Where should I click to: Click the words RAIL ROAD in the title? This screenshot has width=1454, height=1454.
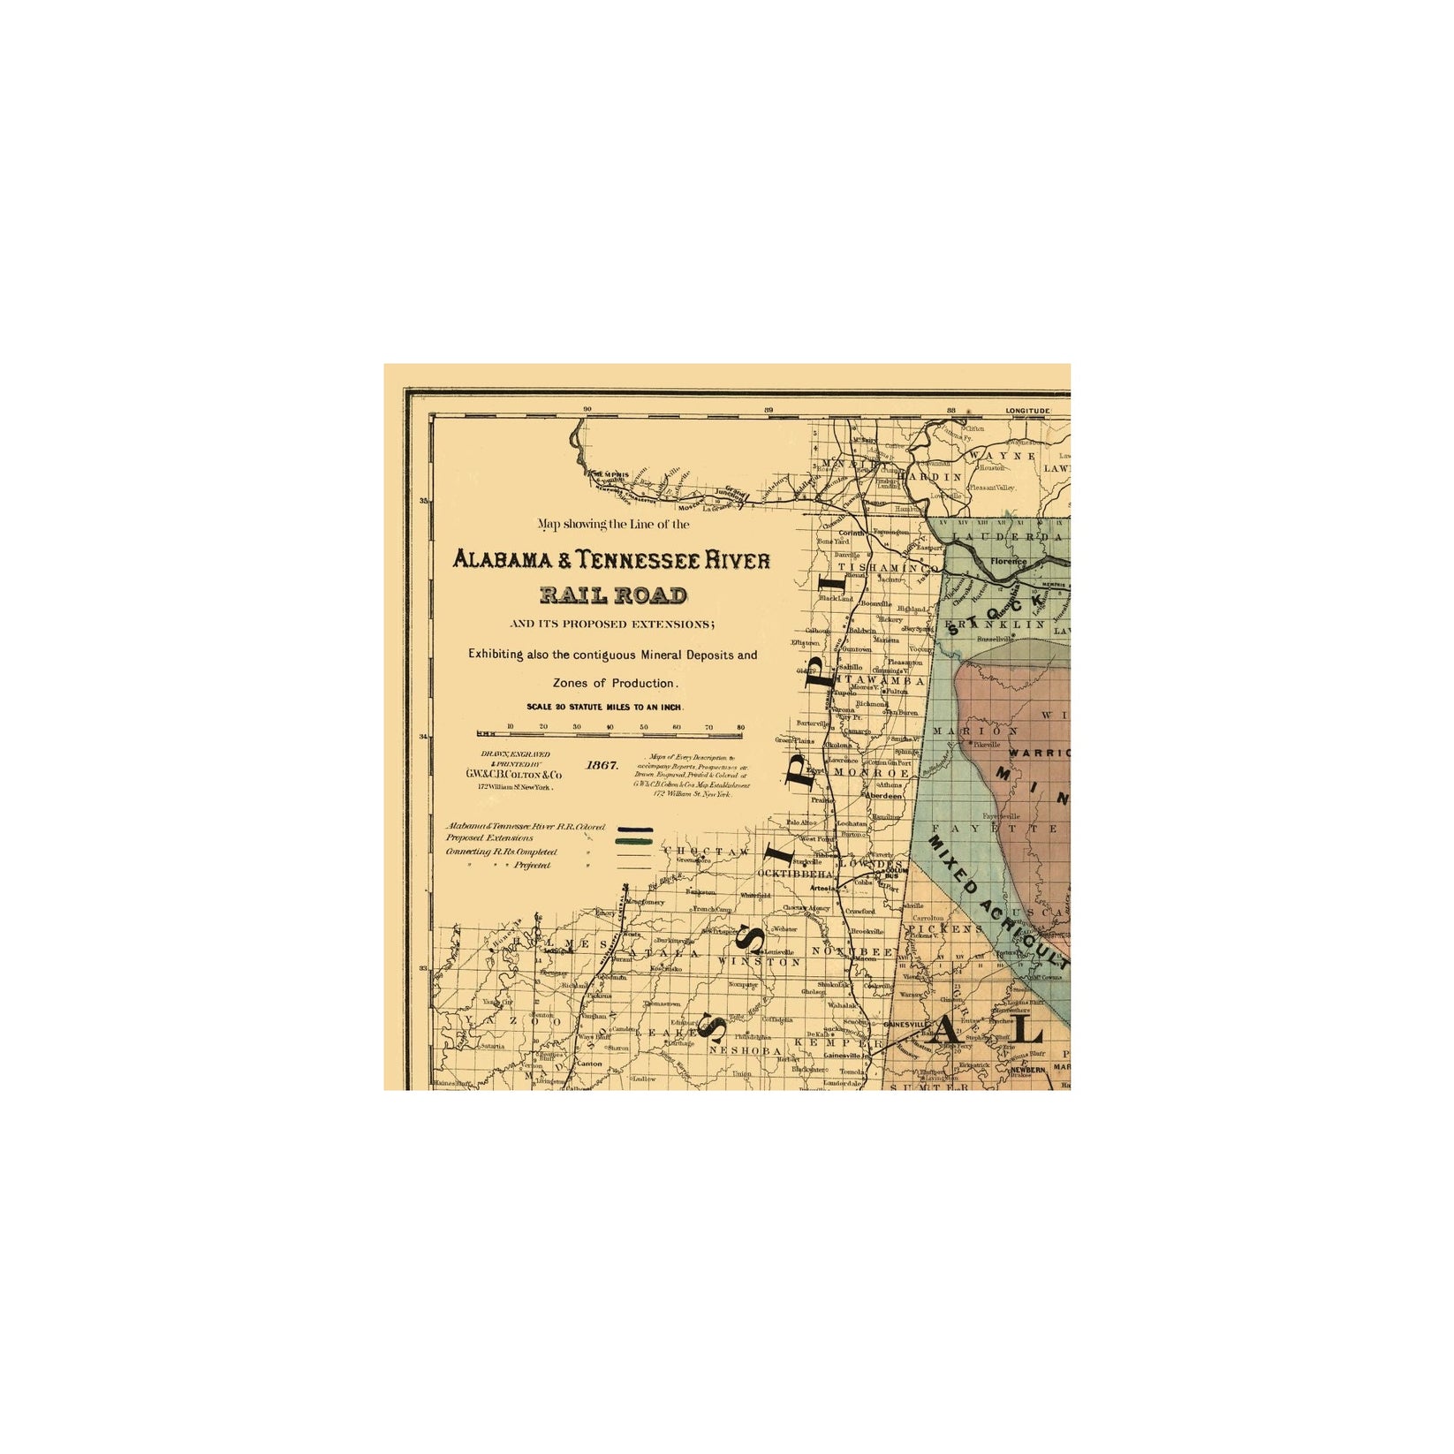[x=614, y=594]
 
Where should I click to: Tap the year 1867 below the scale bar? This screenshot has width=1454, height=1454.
[x=602, y=765]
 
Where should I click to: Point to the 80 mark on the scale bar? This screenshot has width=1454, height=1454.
[x=740, y=728]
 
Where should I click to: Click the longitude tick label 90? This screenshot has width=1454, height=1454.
[x=587, y=410]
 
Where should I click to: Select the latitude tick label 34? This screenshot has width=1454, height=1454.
[x=423, y=737]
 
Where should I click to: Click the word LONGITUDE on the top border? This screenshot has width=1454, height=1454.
[x=1027, y=411]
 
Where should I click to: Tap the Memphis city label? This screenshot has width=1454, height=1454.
[x=610, y=474]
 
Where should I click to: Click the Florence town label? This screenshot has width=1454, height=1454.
[x=1008, y=561]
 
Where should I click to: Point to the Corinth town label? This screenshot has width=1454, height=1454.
[x=852, y=534]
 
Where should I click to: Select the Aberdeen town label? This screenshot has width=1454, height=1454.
[x=884, y=796]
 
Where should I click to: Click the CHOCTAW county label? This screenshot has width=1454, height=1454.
[x=707, y=852]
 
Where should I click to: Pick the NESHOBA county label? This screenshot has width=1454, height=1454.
[x=745, y=1051]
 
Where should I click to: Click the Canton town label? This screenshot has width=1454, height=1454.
[x=589, y=1064]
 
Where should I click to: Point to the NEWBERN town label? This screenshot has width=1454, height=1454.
[x=1027, y=1069]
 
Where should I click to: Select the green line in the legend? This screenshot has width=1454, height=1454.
[x=634, y=841]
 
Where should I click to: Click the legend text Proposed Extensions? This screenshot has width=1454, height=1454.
[x=489, y=837]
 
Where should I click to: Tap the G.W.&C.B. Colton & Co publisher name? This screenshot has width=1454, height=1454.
[x=513, y=775]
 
